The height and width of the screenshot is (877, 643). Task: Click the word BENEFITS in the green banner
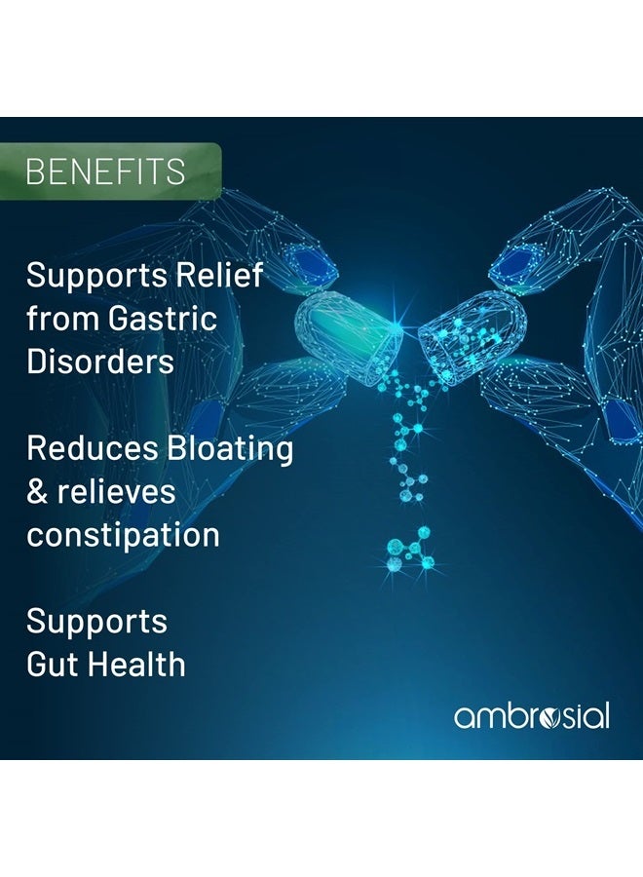pyautogui.click(x=105, y=172)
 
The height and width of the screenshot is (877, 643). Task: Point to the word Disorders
pyautogui.click(x=100, y=361)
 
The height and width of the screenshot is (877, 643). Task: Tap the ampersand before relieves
pyautogui.click(x=37, y=491)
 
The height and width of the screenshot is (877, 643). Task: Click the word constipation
pyautogui.click(x=123, y=535)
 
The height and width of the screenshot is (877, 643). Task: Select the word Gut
pyautogui.click(x=52, y=665)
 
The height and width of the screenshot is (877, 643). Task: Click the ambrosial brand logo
pyautogui.click(x=532, y=716)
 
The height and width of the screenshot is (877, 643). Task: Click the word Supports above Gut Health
pyautogui.click(x=96, y=622)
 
